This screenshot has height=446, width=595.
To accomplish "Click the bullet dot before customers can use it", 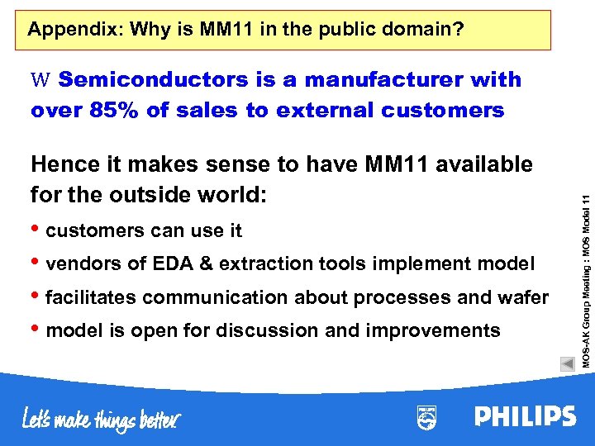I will point(36,229).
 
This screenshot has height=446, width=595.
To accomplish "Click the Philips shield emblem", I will point(426,417).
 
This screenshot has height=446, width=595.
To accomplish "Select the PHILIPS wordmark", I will point(525,416).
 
